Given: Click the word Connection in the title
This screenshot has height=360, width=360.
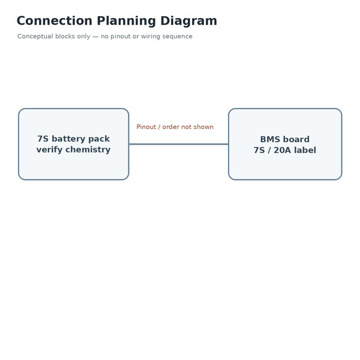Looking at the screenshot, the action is click(55, 21).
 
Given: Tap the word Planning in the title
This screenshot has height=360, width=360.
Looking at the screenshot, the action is click(127, 22).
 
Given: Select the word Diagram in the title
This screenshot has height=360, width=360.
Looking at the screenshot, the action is click(189, 22).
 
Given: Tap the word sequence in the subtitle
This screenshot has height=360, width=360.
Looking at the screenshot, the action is click(178, 37).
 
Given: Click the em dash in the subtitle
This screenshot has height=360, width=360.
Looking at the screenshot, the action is click(95, 37).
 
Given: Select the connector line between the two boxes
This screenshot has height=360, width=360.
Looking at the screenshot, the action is click(179, 144).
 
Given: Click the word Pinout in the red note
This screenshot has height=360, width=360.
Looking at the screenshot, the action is click(146, 127).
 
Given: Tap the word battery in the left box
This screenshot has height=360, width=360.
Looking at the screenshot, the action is click(68, 139).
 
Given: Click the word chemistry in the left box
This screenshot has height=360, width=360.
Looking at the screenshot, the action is click(88, 150).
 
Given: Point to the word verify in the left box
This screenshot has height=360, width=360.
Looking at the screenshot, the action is click(49, 150).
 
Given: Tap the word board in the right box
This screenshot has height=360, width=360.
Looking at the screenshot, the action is click(296, 139).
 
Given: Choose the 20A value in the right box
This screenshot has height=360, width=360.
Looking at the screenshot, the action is click(282, 150).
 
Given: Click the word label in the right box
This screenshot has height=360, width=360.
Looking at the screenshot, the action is click(305, 150).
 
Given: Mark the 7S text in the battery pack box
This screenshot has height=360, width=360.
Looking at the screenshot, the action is click(43, 139).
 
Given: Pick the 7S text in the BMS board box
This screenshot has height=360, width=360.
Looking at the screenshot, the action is click(259, 150).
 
